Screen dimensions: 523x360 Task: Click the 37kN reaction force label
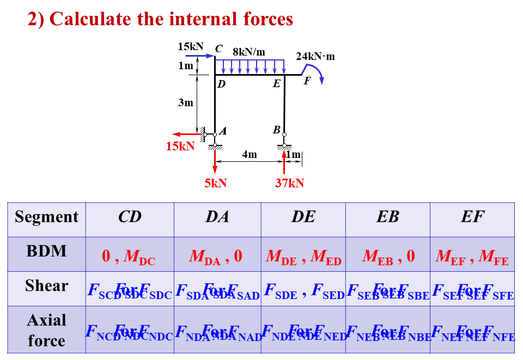point(289,183)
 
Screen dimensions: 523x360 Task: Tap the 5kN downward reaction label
point(216,183)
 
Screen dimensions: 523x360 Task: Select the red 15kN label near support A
point(180,146)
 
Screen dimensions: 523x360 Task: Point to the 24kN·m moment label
point(315,56)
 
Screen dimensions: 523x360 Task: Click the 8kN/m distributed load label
point(249,52)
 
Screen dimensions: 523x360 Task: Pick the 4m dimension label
point(250,155)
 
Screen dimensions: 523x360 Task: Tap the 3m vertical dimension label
point(186,102)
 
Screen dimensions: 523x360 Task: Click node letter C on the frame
point(218,48)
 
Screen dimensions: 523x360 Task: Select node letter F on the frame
point(307,81)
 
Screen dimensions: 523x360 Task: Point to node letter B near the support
point(277,130)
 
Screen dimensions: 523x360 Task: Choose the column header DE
point(303,217)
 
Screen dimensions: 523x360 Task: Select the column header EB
point(387,217)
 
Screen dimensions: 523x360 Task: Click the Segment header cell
point(47,217)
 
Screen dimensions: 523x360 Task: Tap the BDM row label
point(47,251)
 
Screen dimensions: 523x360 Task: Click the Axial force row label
point(47,330)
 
